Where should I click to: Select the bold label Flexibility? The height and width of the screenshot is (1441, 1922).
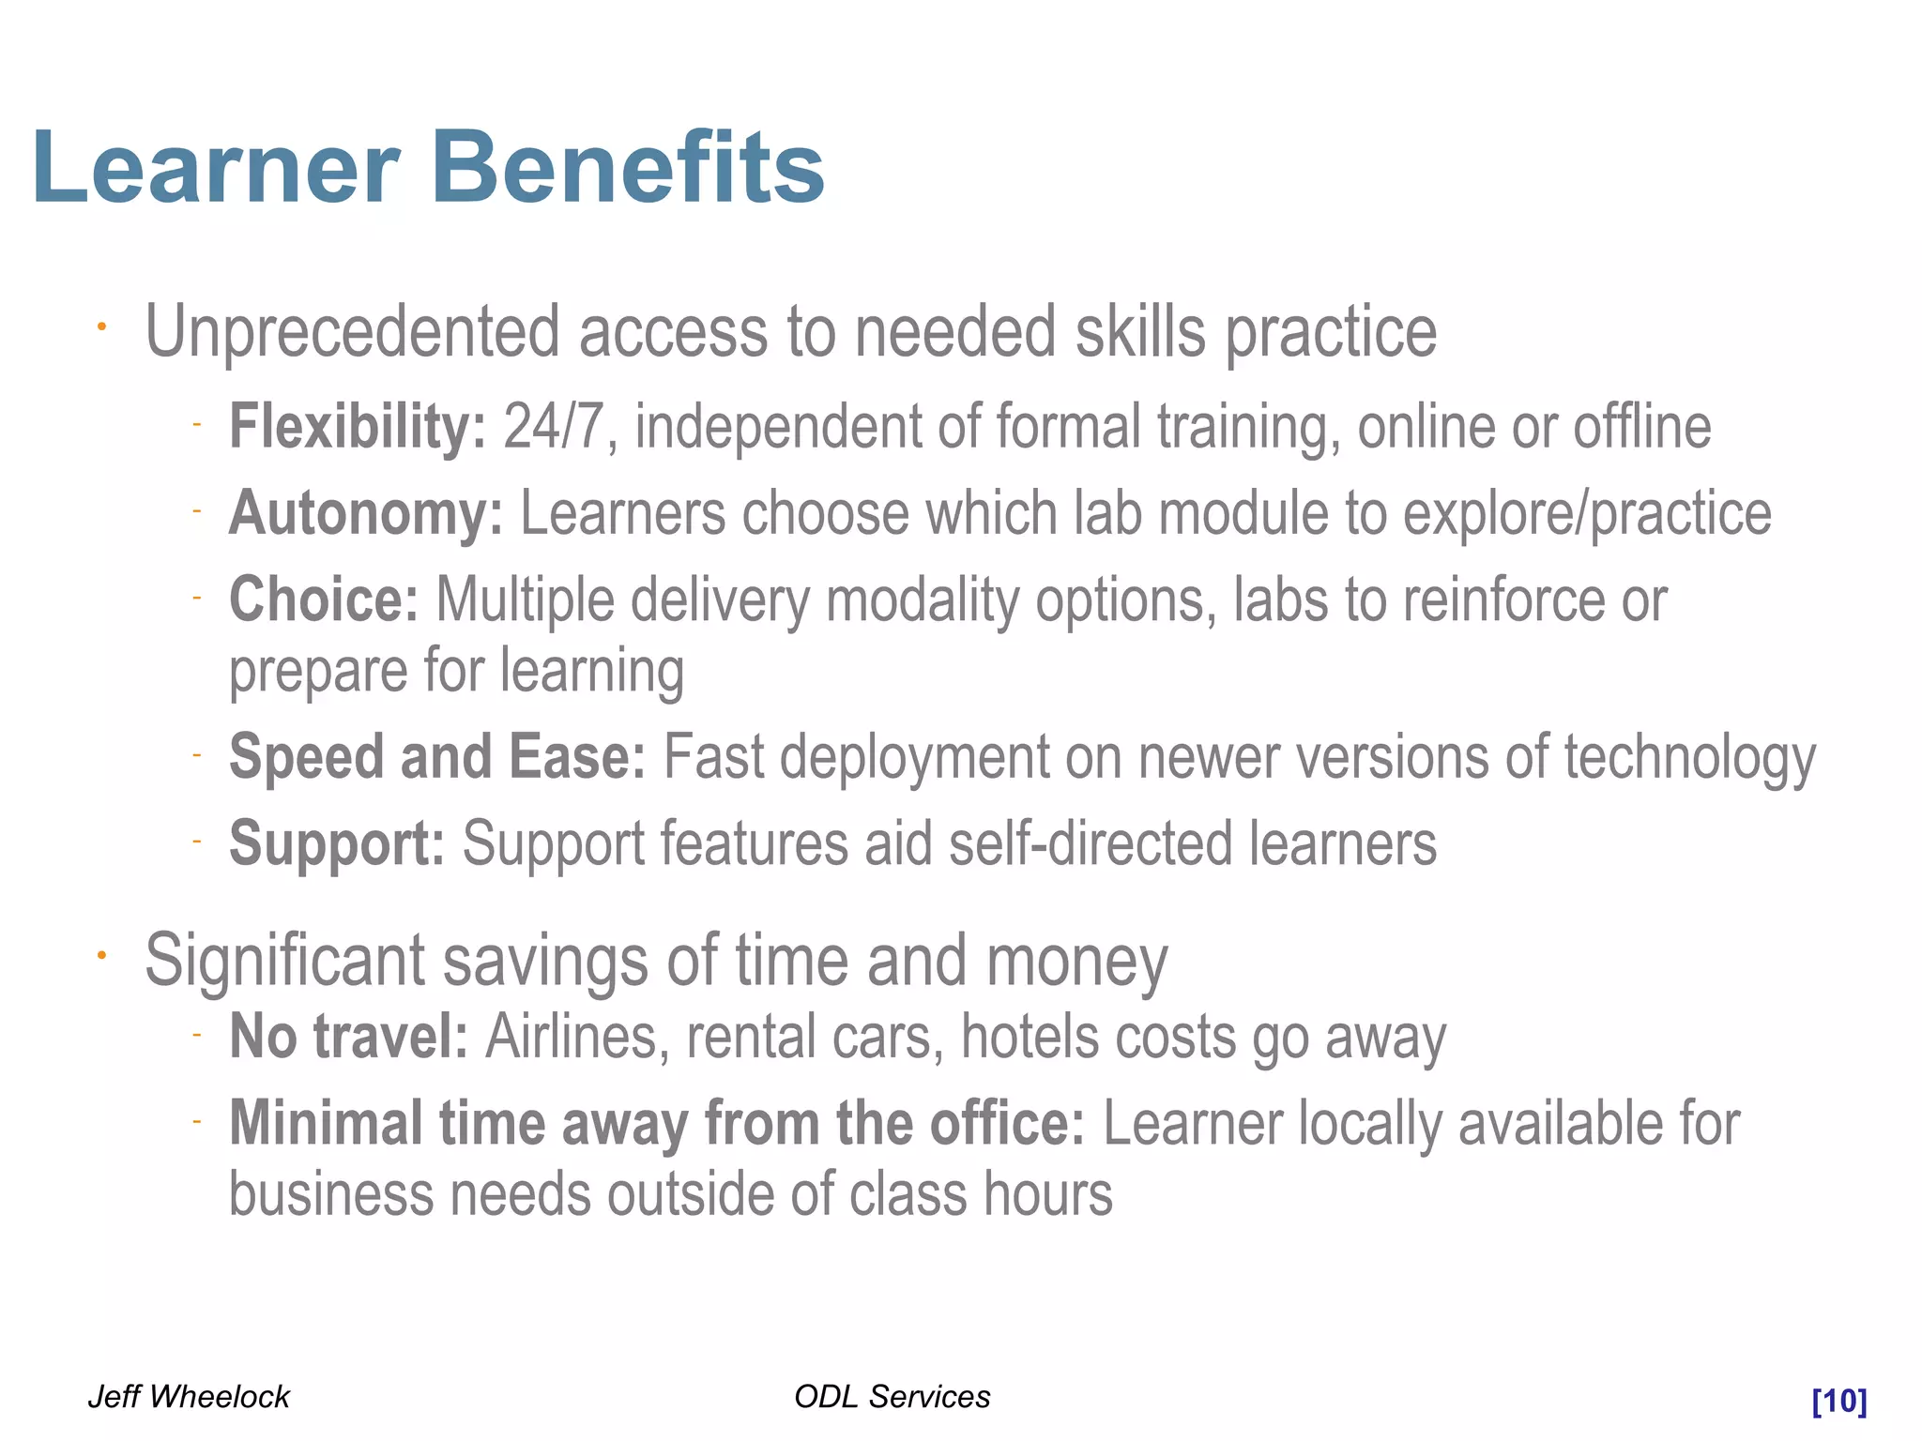pyautogui.click(x=358, y=427)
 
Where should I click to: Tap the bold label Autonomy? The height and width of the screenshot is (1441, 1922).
pyautogui.click(x=366, y=514)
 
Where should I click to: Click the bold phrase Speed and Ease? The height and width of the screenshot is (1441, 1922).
pyautogui.click(x=437, y=757)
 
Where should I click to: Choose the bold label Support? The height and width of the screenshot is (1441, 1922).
pyautogui.click(x=337, y=843)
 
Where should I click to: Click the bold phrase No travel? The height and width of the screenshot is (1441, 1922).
pyautogui.click(x=348, y=1037)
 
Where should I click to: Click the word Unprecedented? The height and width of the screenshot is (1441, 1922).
pyautogui.click(x=352, y=332)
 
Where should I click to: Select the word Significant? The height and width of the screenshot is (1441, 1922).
pyautogui.click(x=284, y=962)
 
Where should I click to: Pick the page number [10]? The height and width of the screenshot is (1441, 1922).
pyautogui.click(x=1838, y=1401)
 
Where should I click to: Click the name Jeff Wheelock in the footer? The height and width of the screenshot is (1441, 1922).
pyautogui.click(x=189, y=1397)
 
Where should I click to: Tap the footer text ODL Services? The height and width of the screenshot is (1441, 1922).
pyautogui.click(x=892, y=1397)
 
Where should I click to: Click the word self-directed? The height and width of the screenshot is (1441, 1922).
pyautogui.click(x=1090, y=843)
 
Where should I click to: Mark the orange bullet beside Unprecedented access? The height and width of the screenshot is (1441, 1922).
pyautogui.click(x=102, y=327)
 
